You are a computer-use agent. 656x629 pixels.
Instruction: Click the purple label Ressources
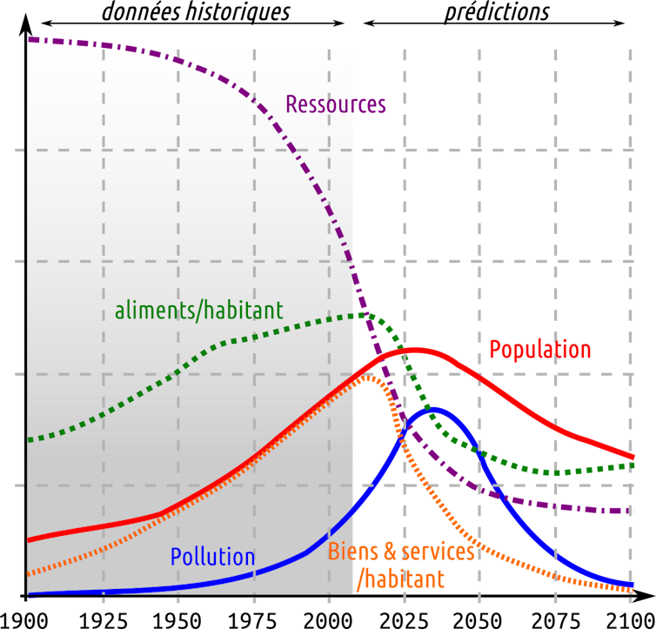pyautogui.click(x=336, y=105)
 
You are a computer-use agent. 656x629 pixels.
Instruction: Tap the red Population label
pyautogui.click(x=539, y=350)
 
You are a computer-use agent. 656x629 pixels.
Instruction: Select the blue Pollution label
pyautogui.click(x=212, y=558)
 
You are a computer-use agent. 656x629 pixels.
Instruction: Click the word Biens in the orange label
pyautogui.click(x=351, y=552)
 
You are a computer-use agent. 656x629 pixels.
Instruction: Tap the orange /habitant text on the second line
pyautogui.click(x=400, y=579)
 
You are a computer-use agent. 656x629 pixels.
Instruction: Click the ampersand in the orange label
pyautogui.click(x=389, y=552)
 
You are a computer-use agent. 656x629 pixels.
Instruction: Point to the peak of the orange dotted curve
pyautogui.click(x=369, y=376)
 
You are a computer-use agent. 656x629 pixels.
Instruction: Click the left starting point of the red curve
pyautogui.click(x=30, y=540)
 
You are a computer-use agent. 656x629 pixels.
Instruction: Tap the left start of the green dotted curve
pyautogui.click(x=30, y=440)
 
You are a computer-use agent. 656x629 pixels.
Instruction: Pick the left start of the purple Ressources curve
pyautogui.click(x=30, y=39)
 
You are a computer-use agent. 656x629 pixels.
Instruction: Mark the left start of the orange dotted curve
pyautogui.click(x=30, y=574)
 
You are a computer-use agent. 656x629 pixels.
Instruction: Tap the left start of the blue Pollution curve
pyautogui.click(x=30, y=594)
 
